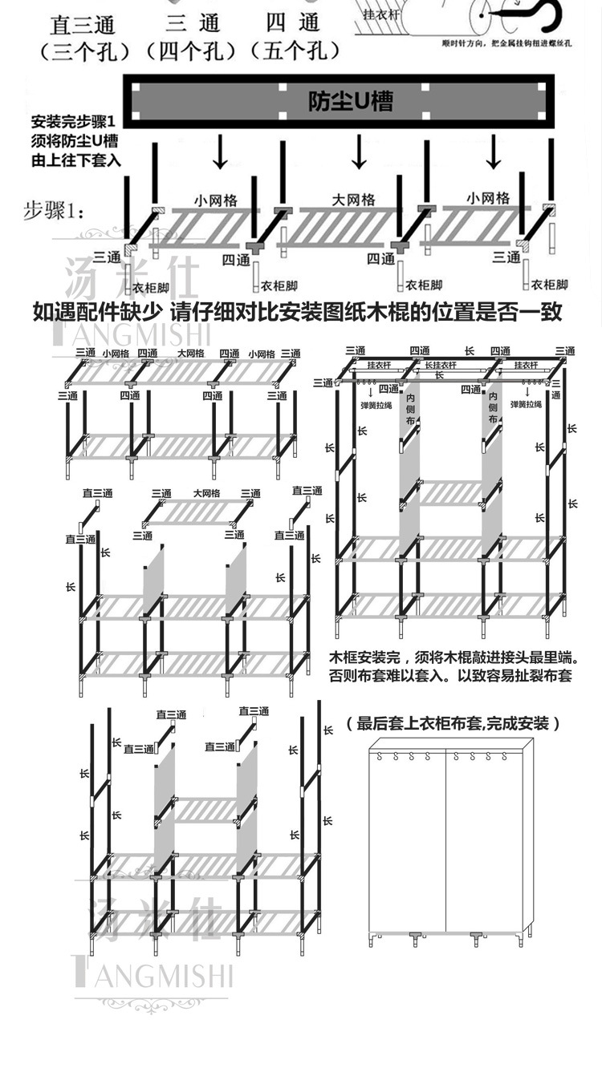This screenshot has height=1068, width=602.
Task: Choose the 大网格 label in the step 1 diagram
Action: point(353,199)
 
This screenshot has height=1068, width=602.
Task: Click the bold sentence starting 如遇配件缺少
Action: point(298,311)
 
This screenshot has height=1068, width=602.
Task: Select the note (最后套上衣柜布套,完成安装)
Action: point(453,723)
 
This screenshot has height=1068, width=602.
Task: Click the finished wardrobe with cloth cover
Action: point(446,846)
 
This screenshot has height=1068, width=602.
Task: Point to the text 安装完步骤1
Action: point(74,123)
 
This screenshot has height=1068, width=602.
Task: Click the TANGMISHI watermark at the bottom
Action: point(153,975)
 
